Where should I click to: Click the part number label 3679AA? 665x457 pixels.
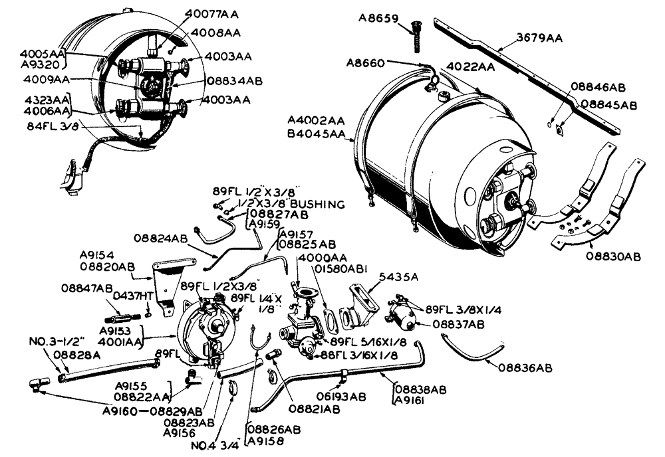point(539,38)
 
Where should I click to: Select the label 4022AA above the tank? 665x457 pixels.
point(469,67)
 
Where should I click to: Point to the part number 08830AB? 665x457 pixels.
point(613,256)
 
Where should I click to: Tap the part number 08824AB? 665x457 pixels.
point(160,237)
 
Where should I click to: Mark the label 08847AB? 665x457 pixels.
point(87,288)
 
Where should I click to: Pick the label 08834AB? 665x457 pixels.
point(235,80)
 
